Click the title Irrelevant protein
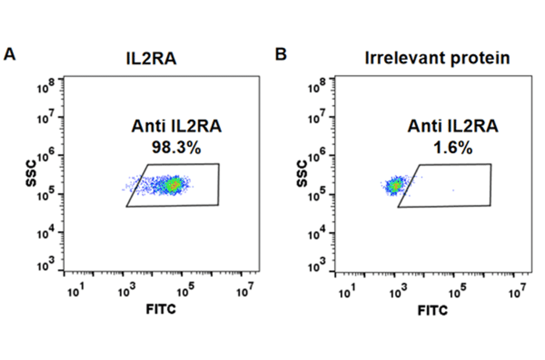click(437, 58)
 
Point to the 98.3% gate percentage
click(176, 147)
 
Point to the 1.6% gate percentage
click(449, 147)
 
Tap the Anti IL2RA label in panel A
click(177, 127)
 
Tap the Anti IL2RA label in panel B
click(449, 127)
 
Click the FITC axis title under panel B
click(433, 310)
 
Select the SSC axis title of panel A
click(31, 174)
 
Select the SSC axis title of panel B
click(303, 174)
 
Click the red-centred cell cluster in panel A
click(174, 185)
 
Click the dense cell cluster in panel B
click(395, 185)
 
